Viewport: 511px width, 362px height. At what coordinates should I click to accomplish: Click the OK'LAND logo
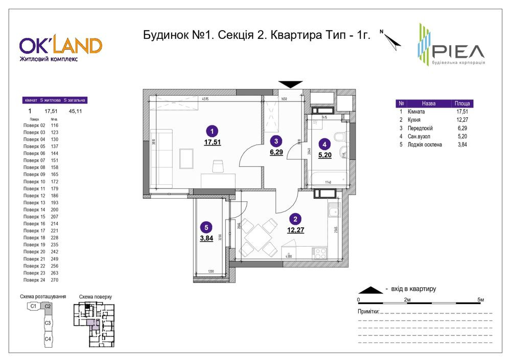(x=60, y=46)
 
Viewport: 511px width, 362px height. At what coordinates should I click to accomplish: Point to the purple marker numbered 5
(x=205, y=228)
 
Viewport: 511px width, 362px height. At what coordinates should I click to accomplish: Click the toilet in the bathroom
(x=338, y=137)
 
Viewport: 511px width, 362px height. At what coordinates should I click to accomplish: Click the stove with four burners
(x=320, y=253)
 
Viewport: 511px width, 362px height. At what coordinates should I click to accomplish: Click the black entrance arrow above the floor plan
(x=290, y=84)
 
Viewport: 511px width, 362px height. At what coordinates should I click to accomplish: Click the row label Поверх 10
(x=35, y=182)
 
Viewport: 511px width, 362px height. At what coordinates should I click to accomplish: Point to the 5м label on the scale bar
(x=480, y=299)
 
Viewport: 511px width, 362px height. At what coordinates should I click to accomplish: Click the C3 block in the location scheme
(x=48, y=323)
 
